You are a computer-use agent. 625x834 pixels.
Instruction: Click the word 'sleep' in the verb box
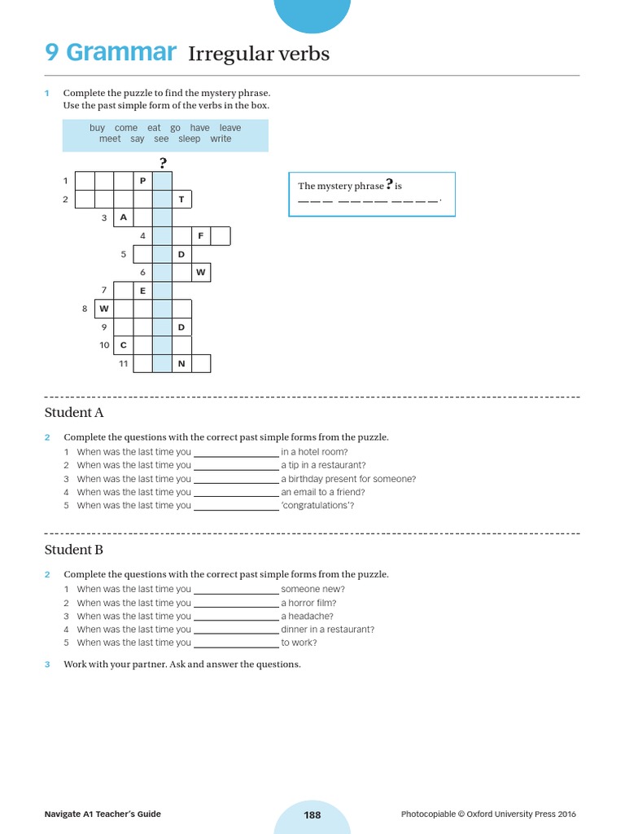click(189, 139)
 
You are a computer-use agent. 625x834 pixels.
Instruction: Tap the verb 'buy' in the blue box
click(98, 128)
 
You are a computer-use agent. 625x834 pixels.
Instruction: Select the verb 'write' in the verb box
click(221, 139)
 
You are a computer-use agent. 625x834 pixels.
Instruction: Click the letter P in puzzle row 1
click(142, 180)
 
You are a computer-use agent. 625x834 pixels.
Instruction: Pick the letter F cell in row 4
click(200, 236)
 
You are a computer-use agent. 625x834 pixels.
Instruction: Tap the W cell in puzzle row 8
click(103, 309)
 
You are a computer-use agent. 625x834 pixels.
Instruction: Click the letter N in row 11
click(181, 363)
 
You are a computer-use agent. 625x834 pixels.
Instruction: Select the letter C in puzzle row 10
click(123, 345)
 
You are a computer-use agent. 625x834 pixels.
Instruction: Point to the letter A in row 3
click(123, 217)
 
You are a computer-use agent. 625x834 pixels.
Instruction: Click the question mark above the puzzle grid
click(163, 161)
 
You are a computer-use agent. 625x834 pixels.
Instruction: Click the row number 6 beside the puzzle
click(142, 272)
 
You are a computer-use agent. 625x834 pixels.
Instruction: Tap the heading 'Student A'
click(74, 413)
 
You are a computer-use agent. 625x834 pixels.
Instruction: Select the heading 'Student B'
click(74, 550)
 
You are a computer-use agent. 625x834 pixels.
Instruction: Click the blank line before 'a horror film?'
click(236, 604)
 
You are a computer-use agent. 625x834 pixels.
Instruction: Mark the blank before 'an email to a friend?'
click(236, 493)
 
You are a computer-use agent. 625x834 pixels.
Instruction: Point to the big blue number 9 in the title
click(52, 53)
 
